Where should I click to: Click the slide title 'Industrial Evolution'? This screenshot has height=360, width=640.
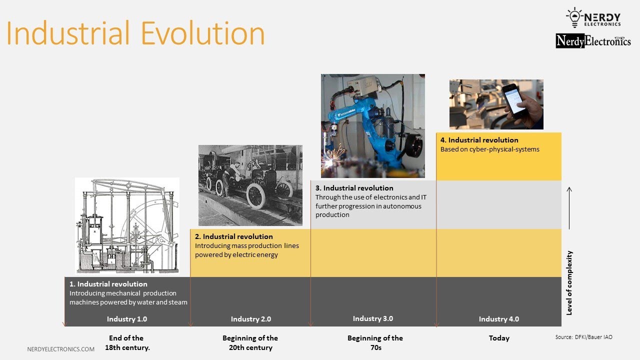coord(135,33)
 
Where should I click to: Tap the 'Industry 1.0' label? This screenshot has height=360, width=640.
coord(127,319)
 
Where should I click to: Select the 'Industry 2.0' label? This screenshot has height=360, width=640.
coord(251,319)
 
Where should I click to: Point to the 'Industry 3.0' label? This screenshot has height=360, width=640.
coord(373,318)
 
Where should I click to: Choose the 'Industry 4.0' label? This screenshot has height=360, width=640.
coord(499,319)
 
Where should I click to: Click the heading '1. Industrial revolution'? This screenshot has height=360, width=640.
coord(108,284)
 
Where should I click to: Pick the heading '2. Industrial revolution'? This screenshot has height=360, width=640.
coord(234,236)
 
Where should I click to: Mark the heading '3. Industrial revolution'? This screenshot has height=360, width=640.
coord(354,188)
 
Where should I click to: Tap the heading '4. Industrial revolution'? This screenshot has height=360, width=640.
coord(479,140)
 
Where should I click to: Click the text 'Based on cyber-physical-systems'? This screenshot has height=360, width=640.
coord(490,149)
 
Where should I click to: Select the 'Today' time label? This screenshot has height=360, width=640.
coord(499,338)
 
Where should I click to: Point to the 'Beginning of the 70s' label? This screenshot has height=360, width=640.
coord(375,342)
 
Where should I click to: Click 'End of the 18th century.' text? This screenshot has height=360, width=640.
coord(127,342)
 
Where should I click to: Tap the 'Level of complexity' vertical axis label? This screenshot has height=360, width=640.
coord(569,282)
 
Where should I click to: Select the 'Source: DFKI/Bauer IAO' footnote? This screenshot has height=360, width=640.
coord(584,337)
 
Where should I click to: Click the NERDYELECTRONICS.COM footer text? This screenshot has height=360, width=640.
coord(60,349)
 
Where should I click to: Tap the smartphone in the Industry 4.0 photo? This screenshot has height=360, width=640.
coord(513,98)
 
